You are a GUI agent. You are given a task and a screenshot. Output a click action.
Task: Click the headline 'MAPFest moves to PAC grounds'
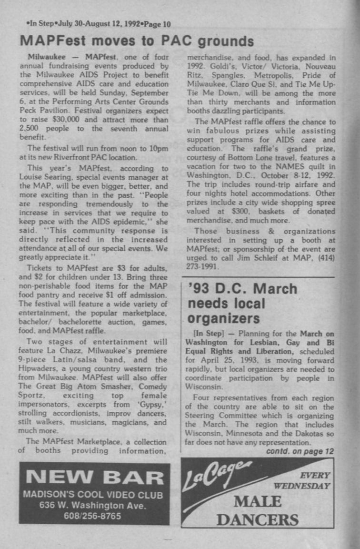(x=137, y=41)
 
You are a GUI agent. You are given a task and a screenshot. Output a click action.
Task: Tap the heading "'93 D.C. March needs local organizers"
(x=243, y=303)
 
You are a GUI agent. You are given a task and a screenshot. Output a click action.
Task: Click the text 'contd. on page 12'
(x=300, y=451)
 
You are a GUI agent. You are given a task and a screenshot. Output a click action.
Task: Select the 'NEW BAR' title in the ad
(x=94, y=478)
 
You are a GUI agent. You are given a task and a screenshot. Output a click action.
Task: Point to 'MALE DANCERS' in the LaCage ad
(x=257, y=510)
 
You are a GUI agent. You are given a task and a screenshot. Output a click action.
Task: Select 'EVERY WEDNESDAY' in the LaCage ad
(x=302, y=480)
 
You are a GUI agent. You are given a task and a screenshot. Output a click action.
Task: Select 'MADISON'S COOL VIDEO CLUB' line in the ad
(x=94, y=495)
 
